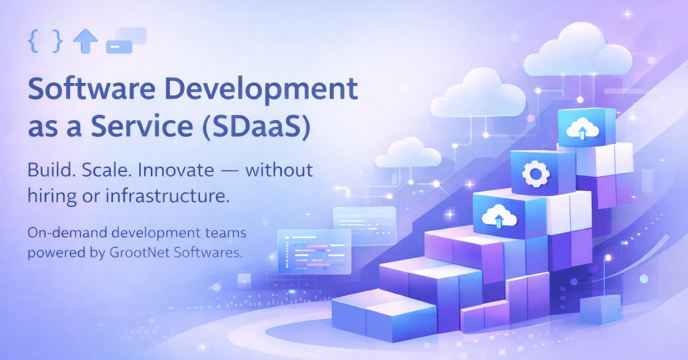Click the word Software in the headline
pyautogui.click(x=92, y=88)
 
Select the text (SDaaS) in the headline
pyautogui.click(x=256, y=126)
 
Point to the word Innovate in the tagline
pyautogui.click(x=176, y=170)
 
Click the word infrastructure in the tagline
pyautogui.click(x=167, y=195)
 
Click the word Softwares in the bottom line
pyautogui.click(x=208, y=252)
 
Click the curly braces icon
pyautogui.click(x=45, y=41)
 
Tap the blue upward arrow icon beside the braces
pyautogui.click(x=85, y=41)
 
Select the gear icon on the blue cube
pyautogui.click(x=536, y=174)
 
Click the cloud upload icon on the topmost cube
pyautogui.click(x=582, y=130)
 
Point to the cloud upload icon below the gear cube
pyautogui.click(x=499, y=216)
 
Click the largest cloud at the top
pyautogui.click(x=577, y=50)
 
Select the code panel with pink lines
pyautogui.click(x=314, y=252)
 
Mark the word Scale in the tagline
pyautogui.click(x=104, y=170)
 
